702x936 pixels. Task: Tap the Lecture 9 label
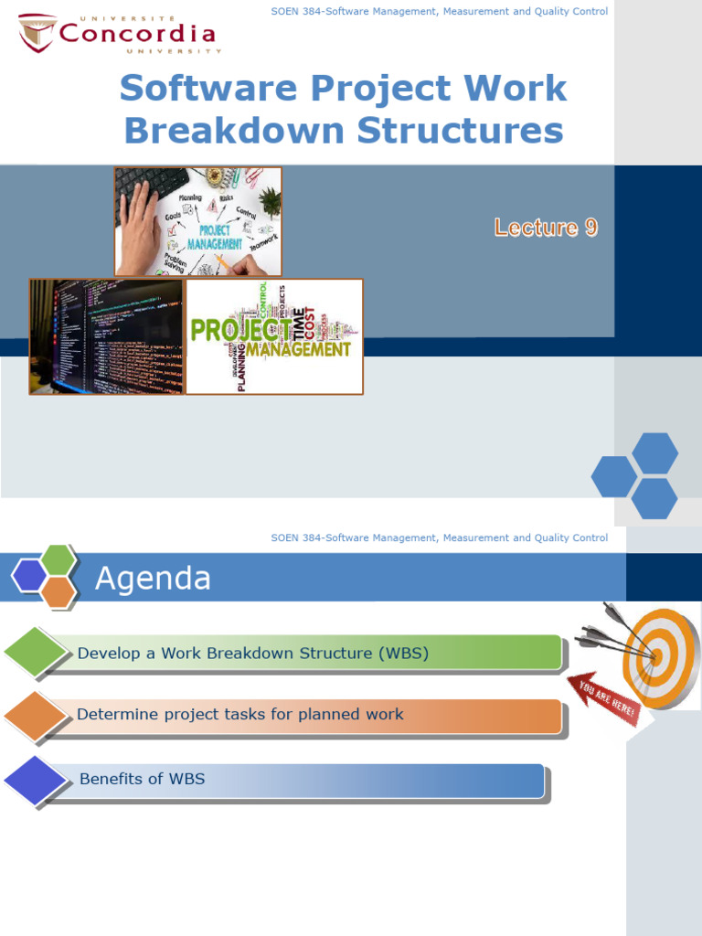pyautogui.click(x=546, y=228)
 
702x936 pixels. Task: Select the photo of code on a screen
pyautogui.click(x=106, y=336)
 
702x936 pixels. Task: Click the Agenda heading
pyautogui.click(x=154, y=579)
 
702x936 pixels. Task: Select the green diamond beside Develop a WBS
pyautogui.click(x=37, y=653)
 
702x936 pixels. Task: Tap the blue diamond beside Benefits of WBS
pyautogui.click(x=37, y=781)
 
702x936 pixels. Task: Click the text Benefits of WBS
pyautogui.click(x=142, y=779)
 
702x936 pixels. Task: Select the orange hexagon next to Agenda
pyautogui.click(x=58, y=591)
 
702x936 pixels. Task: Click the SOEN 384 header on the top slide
pyautogui.click(x=439, y=12)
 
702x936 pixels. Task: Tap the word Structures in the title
pyautogui.click(x=460, y=131)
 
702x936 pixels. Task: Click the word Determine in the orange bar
pyautogui.click(x=114, y=714)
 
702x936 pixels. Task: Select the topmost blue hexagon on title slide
pyautogui.click(x=654, y=453)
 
